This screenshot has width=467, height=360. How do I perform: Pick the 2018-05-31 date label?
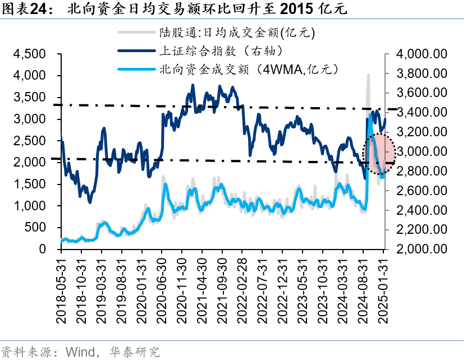[x=61, y=291]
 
